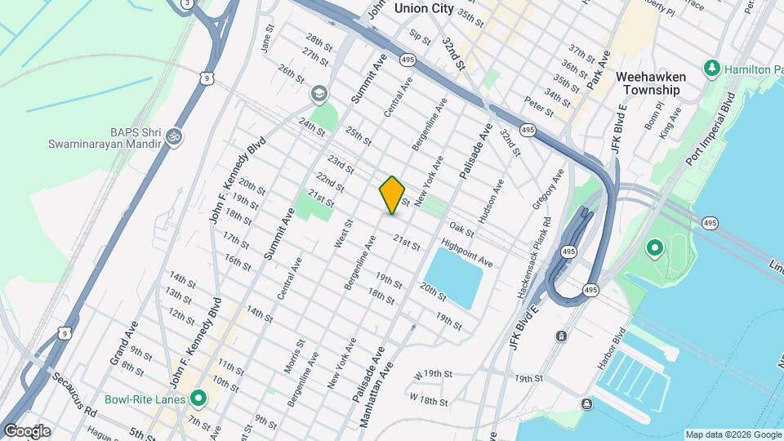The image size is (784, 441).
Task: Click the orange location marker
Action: pyautogui.click(x=392, y=195)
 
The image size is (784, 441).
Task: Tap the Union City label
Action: pyautogui.click(x=423, y=8)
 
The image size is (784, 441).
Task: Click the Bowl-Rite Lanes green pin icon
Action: pyautogui.click(x=198, y=399)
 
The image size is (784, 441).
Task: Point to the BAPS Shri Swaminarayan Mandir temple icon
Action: pyautogui.click(x=173, y=136)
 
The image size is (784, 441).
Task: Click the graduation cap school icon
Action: pyautogui.click(x=318, y=96)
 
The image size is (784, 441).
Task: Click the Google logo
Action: pyautogui.click(x=27, y=430)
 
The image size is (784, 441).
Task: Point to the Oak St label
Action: pyautogui.click(x=461, y=229)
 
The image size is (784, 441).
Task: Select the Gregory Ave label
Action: pyautogui.click(x=553, y=189)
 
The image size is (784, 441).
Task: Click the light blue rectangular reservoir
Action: pyautogui.click(x=454, y=278)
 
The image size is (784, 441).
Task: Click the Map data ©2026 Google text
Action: pyautogui.click(x=733, y=434)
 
